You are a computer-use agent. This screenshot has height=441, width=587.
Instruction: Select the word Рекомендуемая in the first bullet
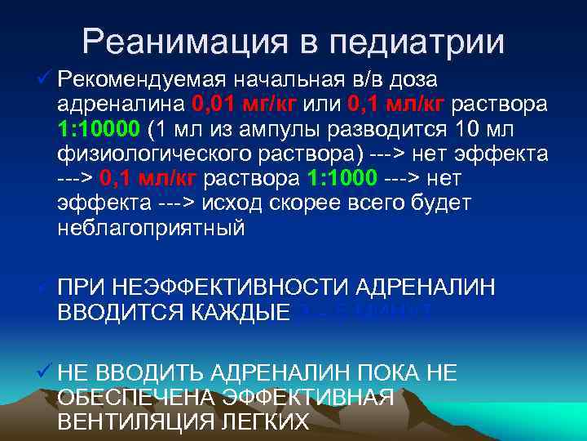click(143, 80)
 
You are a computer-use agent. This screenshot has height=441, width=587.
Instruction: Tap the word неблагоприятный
click(151, 228)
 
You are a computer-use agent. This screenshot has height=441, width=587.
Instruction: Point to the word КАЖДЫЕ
click(245, 311)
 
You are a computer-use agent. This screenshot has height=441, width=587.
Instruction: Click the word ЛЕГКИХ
click(263, 421)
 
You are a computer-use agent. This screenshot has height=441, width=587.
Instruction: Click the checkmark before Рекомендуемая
click(45, 80)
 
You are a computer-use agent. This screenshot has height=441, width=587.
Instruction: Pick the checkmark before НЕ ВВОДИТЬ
click(45, 373)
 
